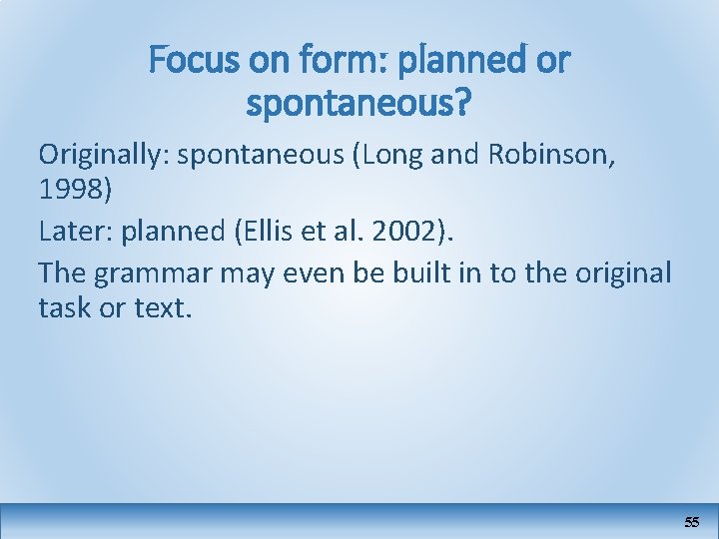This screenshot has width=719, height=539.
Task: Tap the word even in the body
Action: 338,270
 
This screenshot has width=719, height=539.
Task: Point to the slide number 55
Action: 692,522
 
